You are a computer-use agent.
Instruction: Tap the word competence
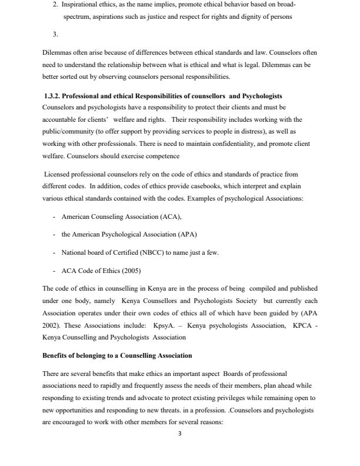[x=160, y=156]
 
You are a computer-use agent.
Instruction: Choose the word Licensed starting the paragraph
[x=58, y=174]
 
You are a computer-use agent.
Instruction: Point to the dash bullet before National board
[x=54, y=252]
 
